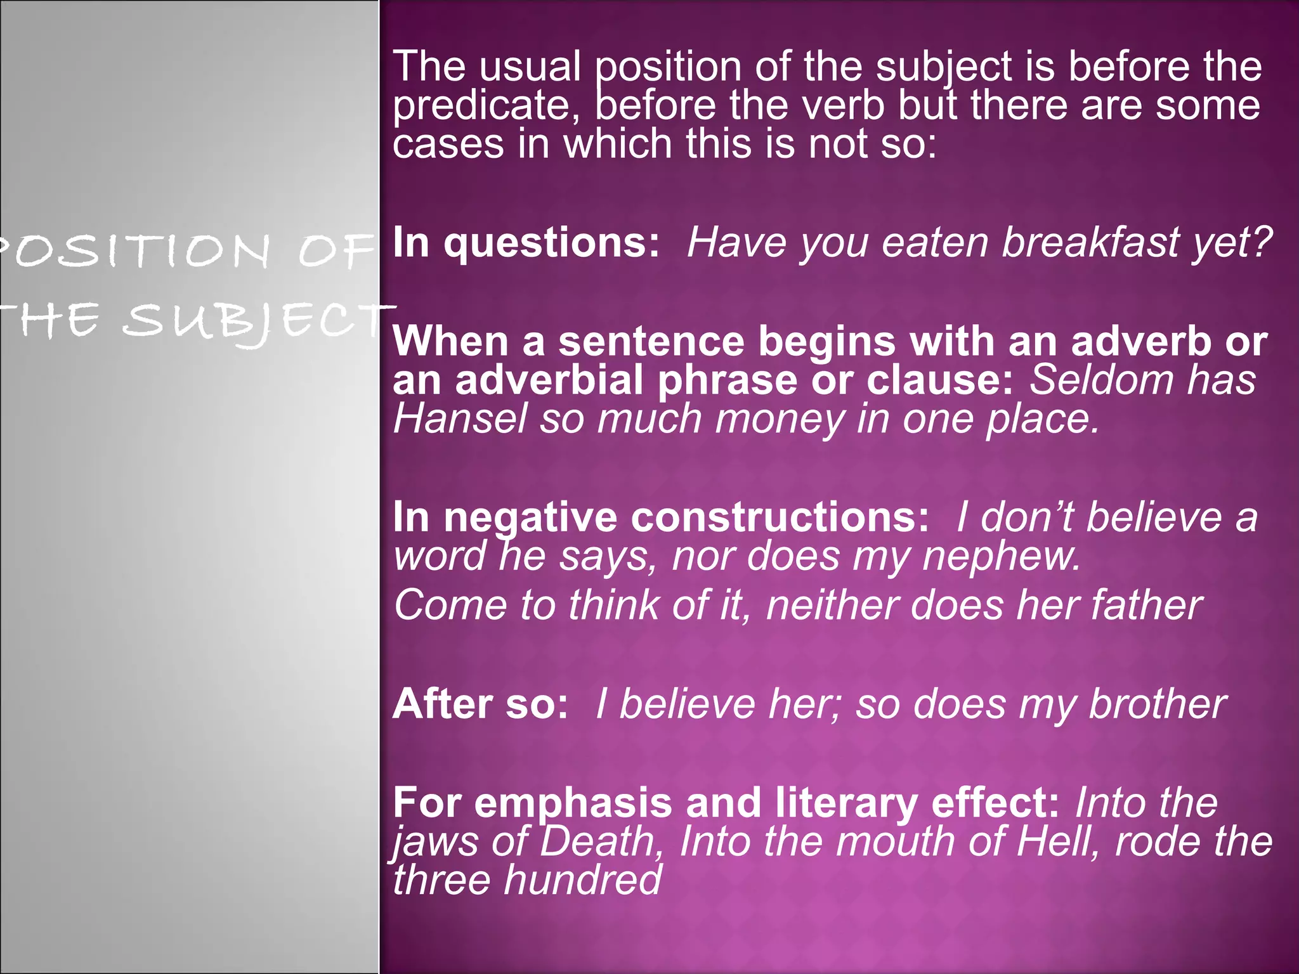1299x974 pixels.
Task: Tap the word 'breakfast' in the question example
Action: click(1088, 242)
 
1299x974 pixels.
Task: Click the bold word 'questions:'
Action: click(551, 243)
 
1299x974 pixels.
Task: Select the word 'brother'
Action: click(1156, 705)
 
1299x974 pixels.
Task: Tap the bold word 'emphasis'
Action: click(573, 803)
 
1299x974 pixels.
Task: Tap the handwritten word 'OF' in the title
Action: click(334, 252)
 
